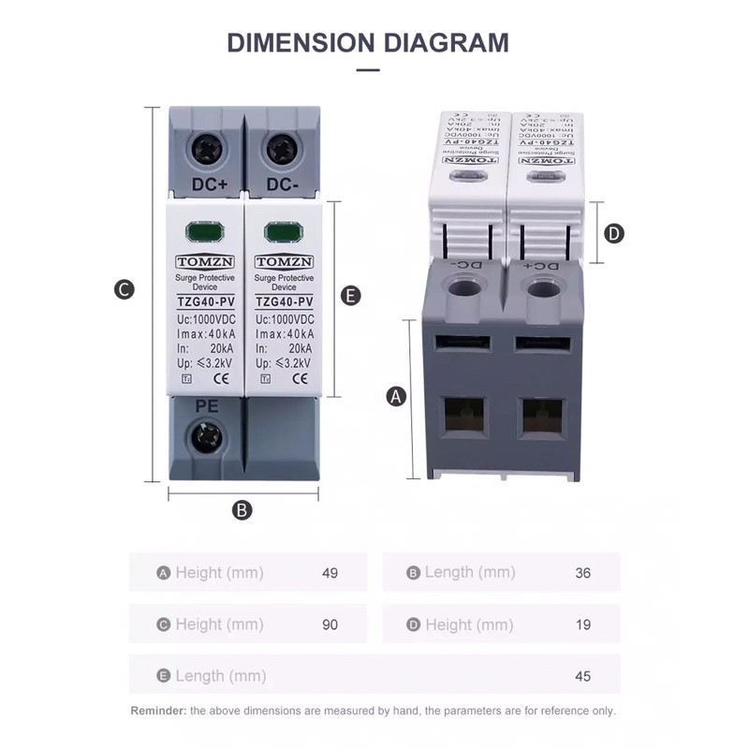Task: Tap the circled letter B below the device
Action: (x=242, y=510)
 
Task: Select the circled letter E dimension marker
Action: (x=350, y=296)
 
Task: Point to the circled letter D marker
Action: (x=613, y=233)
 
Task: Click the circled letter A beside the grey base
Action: (x=396, y=397)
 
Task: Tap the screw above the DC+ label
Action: (x=208, y=149)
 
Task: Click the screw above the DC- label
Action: (x=280, y=149)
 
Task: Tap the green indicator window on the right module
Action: (x=281, y=231)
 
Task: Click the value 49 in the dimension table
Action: (x=329, y=573)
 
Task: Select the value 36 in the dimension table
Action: (x=582, y=573)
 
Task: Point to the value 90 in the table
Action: (x=329, y=624)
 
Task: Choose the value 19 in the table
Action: (x=582, y=624)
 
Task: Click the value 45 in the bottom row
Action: (x=582, y=676)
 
